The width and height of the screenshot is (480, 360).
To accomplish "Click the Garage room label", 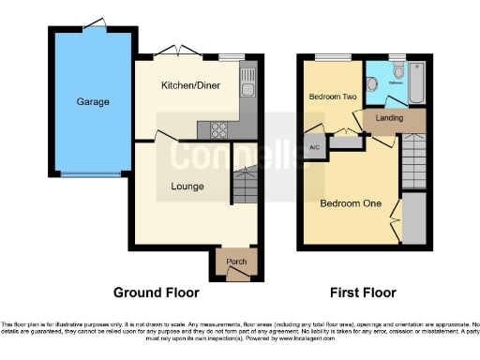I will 94,101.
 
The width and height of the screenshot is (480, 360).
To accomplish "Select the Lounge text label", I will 187,186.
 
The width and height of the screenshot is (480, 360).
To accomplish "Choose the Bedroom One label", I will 346,202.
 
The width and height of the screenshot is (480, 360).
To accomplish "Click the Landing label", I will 389,118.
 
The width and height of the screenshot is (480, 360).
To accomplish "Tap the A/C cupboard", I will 311,147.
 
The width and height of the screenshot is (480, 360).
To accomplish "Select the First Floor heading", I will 364,292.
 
